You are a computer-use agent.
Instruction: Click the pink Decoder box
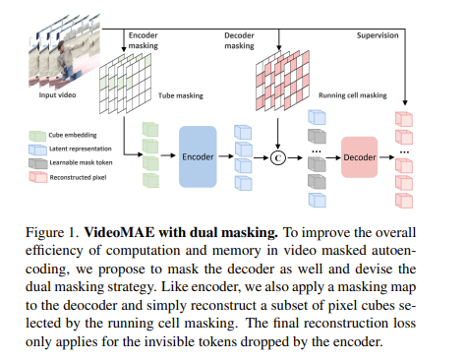click(358, 156)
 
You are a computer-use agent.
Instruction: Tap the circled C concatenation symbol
click(277, 156)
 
